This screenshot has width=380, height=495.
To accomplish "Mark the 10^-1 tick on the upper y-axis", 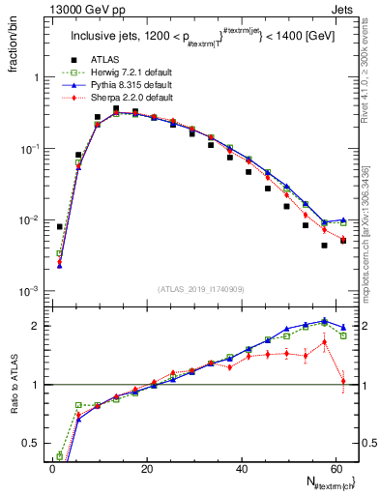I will (x=29, y=149).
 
